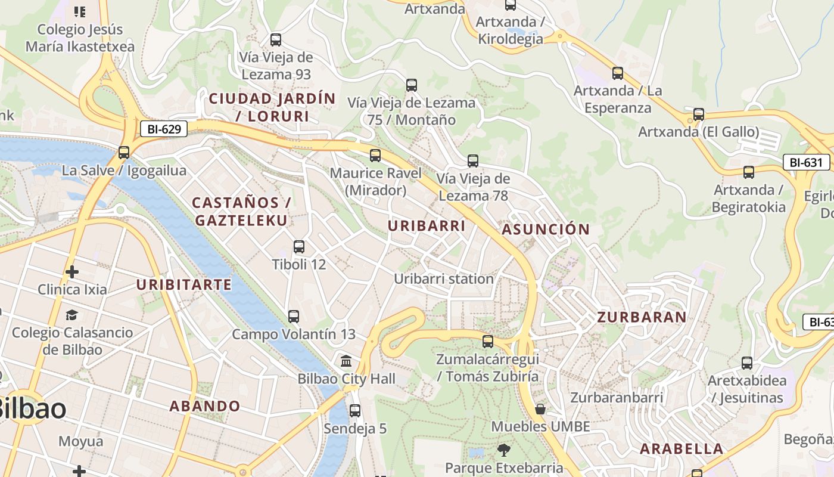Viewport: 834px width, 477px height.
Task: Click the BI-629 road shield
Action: [x=164, y=128]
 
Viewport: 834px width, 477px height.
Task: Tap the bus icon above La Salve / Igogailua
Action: [x=124, y=152]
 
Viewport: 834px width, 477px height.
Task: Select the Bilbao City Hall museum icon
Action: [x=346, y=361]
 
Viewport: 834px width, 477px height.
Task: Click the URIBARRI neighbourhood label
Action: [x=427, y=226]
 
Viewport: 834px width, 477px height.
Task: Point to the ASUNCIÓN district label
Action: [x=546, y=230]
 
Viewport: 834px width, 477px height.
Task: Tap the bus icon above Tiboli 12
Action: [x=299, y=246]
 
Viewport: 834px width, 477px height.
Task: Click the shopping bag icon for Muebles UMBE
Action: [x=540, y=409]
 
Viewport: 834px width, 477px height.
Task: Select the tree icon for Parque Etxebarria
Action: [x=504, y=450]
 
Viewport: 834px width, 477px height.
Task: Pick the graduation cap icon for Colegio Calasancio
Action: [x=72, y=315]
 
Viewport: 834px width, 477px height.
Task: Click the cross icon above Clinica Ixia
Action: [x=72, y=272]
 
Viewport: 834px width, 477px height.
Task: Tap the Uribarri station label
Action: [x=444, y=278]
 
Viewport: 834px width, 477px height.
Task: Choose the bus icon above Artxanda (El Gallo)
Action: [x=699, y=114]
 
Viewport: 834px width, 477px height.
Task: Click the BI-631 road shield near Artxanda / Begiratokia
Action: [x=806, y=162]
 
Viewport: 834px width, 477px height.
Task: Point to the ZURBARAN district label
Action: [x=642, y=317]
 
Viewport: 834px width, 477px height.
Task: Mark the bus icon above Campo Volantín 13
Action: [x=293, y=316]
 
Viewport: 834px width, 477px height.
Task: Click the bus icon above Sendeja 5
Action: [x=355, y=410]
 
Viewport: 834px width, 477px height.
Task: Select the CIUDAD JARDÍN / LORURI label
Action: [x=272, y=107]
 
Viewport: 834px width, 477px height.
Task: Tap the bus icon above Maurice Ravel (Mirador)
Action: [x=375, y=156]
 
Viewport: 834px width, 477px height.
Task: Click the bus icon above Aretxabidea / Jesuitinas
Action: [x=747, y=363]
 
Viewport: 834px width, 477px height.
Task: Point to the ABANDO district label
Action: [x=205, y=407]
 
